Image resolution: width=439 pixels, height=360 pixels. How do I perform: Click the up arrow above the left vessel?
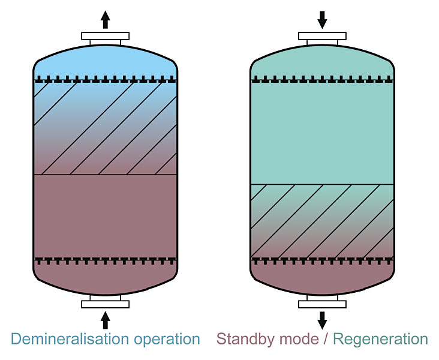pos(106,20)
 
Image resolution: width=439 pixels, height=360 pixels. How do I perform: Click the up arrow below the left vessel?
pos(106,320)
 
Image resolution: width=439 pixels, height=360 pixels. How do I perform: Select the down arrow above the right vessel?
pos(323,20)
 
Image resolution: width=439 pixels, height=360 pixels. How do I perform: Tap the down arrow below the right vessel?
pos(323,320)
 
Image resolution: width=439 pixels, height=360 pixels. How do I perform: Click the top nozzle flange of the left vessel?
pos(106,36)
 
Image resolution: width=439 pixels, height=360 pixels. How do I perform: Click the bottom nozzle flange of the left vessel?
pos(106,304)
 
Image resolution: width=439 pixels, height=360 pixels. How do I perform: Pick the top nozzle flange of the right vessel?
pos(323,36)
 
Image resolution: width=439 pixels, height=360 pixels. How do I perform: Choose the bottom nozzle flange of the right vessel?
pos(323,304)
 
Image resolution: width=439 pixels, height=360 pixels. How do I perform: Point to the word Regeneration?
pos(380,340)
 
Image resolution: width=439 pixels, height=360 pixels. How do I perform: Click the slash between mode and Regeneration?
pos(326,339)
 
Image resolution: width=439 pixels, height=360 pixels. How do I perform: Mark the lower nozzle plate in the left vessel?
pos(106,260)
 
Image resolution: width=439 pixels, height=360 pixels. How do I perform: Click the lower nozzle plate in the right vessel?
pos(323,260)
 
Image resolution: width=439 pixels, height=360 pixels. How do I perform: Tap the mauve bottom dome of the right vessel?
pos(323,279)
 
